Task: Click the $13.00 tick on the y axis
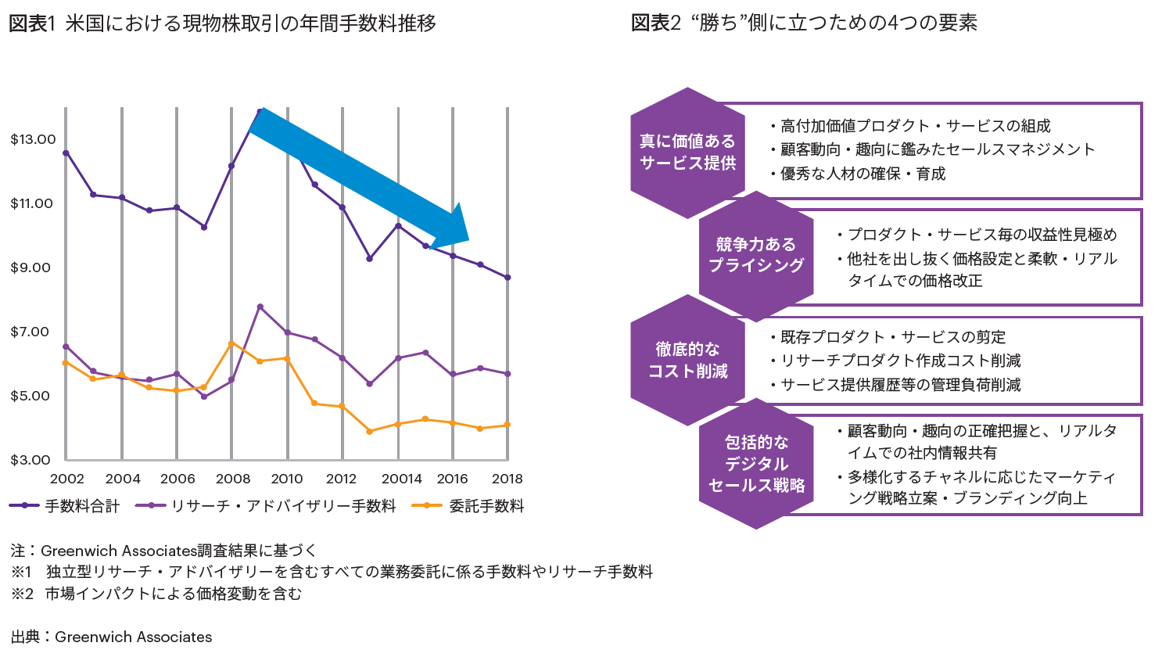tap(33, 139)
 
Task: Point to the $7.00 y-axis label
tap(30, 332)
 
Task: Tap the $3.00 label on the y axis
tap(30, 460)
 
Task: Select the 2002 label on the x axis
tap(67, 479)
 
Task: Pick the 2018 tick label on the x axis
tap(507, 479)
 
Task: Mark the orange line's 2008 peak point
tap(232, 343)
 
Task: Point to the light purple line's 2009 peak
tap(260, 307)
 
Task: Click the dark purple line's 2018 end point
tap(507, 278)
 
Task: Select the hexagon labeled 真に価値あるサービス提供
tap(687, 153)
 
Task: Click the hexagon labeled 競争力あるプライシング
tap(755, 255)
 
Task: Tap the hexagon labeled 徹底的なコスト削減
tap(687, 360)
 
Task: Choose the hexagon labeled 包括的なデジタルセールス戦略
tap(755, 464)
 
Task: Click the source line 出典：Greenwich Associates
tap(112, 637)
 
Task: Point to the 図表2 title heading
tap(804, 23)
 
